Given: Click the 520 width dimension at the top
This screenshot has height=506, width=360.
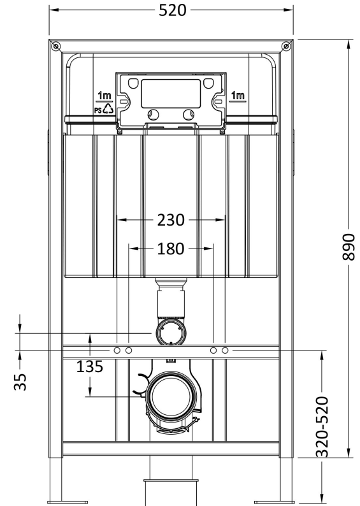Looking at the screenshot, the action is pyautogui.click(x=173, y=10).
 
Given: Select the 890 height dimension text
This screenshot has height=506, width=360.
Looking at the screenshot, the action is pyautogui.click(x=349, y=247).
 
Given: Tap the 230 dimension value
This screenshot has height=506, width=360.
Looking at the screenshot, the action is pyautogui.click(x=171, y=220).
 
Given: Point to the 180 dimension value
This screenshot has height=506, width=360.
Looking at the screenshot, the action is pyautogui.click(x=171, y=249).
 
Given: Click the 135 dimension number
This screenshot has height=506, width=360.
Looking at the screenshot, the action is pyautogui.click(x=90, y=366).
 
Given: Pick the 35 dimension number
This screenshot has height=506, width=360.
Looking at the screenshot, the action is pyautogui.click(x=20, y=382).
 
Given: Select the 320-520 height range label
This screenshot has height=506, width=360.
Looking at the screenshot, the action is pyautogui.click(x=322, y=427).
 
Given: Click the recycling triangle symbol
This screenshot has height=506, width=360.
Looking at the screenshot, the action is pyautogui.click(x=108, y=108).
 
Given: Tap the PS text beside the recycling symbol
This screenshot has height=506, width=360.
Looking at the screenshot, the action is pyautogui.click(x=98, y=110).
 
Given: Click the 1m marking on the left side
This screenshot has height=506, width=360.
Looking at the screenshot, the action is pyautogui.click(x=104, y=96).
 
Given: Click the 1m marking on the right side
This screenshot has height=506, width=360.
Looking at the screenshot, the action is pyautogui.click(x=238, y=96).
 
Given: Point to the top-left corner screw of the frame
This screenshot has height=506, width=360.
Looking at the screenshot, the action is pyautogui.click(x=56, y=47).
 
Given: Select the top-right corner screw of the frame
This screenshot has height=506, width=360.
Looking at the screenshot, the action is pyautogui.click(x=286, y=47).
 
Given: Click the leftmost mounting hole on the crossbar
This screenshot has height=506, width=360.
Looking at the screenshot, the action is pyautogui.click(x=117, y=350).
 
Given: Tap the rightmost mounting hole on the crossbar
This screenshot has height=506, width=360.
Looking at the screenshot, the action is pyautogui.click(x=225, y=350).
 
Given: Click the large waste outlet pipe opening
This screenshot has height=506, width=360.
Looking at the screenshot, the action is pyautogui.click(x=171, y=396).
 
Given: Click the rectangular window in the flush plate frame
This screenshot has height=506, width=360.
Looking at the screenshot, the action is pyautogui.click(x=171, y=94).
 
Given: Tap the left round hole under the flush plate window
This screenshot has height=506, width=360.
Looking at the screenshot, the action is pyautogui.click(x=154, y=115).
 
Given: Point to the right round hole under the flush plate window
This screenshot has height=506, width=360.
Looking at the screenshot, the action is pyautogui.click(x=189, y=115).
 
